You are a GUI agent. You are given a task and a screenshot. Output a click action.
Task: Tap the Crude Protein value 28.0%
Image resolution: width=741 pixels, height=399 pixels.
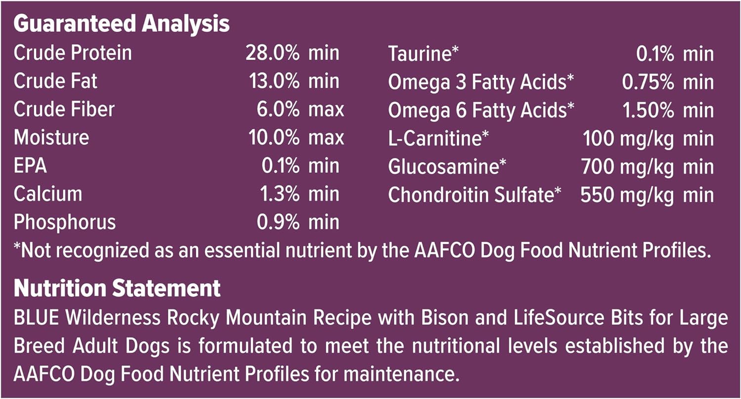tap(273, 53)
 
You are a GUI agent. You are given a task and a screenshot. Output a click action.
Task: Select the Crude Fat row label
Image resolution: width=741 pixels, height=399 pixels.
tap(55, 81)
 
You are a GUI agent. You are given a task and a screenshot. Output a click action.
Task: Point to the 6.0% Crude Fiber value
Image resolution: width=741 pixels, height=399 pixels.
tap(278, 110)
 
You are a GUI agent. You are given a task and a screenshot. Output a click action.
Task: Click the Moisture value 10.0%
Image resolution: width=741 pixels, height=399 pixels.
tap(274, 137)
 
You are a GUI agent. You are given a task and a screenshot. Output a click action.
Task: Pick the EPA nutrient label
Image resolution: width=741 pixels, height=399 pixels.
tap(30, 165)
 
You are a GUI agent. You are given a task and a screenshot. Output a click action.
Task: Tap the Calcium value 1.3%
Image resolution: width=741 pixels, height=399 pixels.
tap(280, 194)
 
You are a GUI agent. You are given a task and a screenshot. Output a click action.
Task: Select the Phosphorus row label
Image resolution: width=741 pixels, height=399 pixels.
tap(65, 222)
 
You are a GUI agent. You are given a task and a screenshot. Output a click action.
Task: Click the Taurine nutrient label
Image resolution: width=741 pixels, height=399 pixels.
tap(423, 53)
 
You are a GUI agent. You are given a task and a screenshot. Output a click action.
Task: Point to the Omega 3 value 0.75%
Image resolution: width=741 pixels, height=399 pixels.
tap(648, 82)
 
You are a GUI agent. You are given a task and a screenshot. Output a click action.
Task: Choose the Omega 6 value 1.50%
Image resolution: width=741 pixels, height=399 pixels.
tap(648, 110)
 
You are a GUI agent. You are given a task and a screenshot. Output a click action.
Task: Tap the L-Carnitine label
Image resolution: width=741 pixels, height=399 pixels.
tap(438, 138)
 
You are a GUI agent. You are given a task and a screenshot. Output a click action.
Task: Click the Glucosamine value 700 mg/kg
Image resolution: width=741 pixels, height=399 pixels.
tap(627, 167)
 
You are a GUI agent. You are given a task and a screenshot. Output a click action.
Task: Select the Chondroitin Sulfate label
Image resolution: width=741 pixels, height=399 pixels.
tap(475, 195)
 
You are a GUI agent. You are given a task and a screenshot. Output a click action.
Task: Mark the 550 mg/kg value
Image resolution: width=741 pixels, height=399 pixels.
tap(627, 195)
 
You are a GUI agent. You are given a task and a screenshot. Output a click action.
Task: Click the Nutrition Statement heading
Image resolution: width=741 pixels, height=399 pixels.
tap(117, 288)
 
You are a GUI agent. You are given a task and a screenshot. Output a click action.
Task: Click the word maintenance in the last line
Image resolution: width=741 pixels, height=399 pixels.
tap(402, 374)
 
